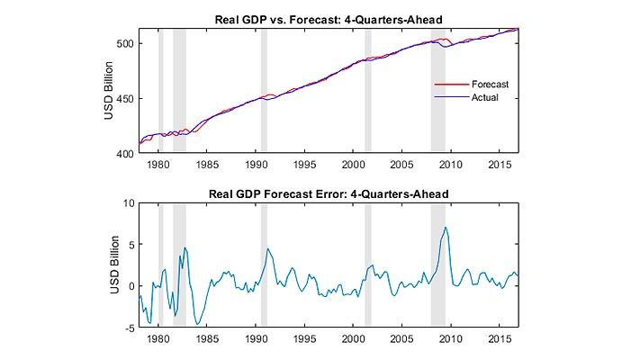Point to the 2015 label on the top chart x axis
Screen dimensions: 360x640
click(500, 166)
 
